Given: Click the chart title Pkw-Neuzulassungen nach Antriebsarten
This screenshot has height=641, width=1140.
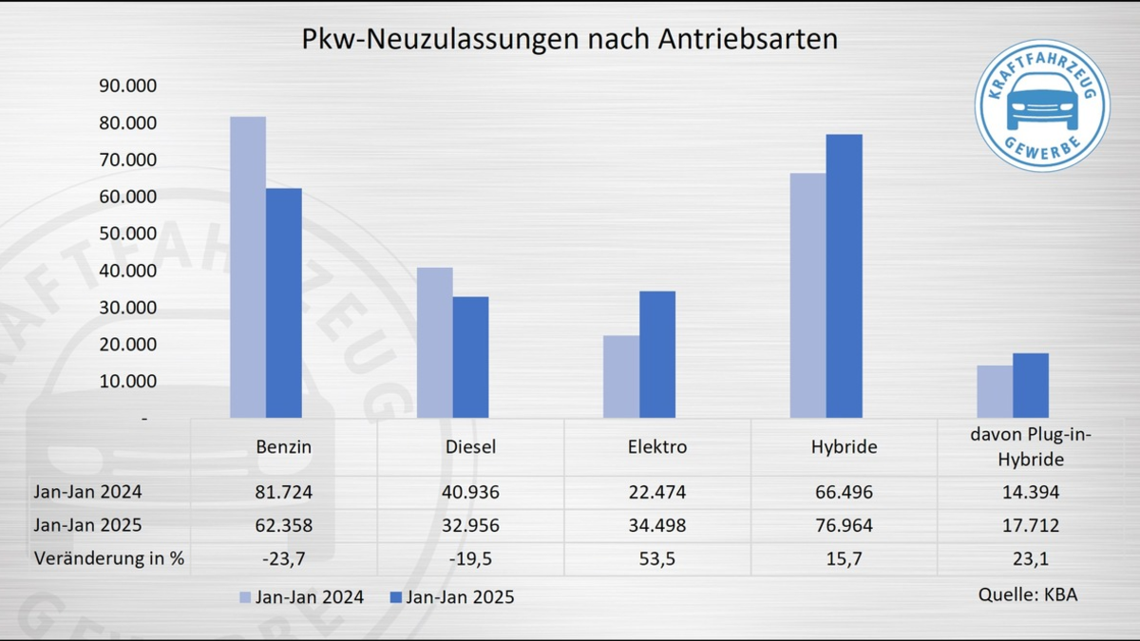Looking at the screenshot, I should (x=569, y=39).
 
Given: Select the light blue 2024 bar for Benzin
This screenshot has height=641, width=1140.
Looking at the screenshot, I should (x=248, y=267).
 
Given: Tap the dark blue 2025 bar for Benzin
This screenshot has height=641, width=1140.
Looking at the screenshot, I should (x=284, y=303).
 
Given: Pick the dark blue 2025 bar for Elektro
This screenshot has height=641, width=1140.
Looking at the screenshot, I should (x=657, y=354).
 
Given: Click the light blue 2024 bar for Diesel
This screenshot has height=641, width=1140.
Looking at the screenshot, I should (x=434, y=342).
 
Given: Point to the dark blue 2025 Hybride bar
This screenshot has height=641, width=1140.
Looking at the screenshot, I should (x=845, y=275).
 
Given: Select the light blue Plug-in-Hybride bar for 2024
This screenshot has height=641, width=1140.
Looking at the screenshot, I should (x=995, y=391).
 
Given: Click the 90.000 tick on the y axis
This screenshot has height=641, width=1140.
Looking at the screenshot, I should (x=127, y=86).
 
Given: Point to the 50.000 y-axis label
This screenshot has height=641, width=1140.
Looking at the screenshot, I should (x=127, y=234).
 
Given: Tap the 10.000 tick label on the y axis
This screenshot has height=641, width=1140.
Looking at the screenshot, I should (x=127, y=382).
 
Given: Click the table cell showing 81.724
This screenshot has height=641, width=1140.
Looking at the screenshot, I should (x=284, y=493).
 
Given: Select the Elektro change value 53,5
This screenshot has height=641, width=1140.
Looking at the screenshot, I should (x=657, y=558).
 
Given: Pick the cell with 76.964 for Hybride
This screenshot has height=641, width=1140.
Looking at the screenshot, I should (x=845, y=525).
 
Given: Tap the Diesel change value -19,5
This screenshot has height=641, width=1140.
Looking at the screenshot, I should (x=470, y=558).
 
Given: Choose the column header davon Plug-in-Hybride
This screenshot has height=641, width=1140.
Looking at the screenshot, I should (x=1031, y=446).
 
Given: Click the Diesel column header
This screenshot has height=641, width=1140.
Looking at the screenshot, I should (x=470, y=446).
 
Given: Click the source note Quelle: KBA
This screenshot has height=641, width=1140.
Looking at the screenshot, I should (x=1028, y=594).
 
